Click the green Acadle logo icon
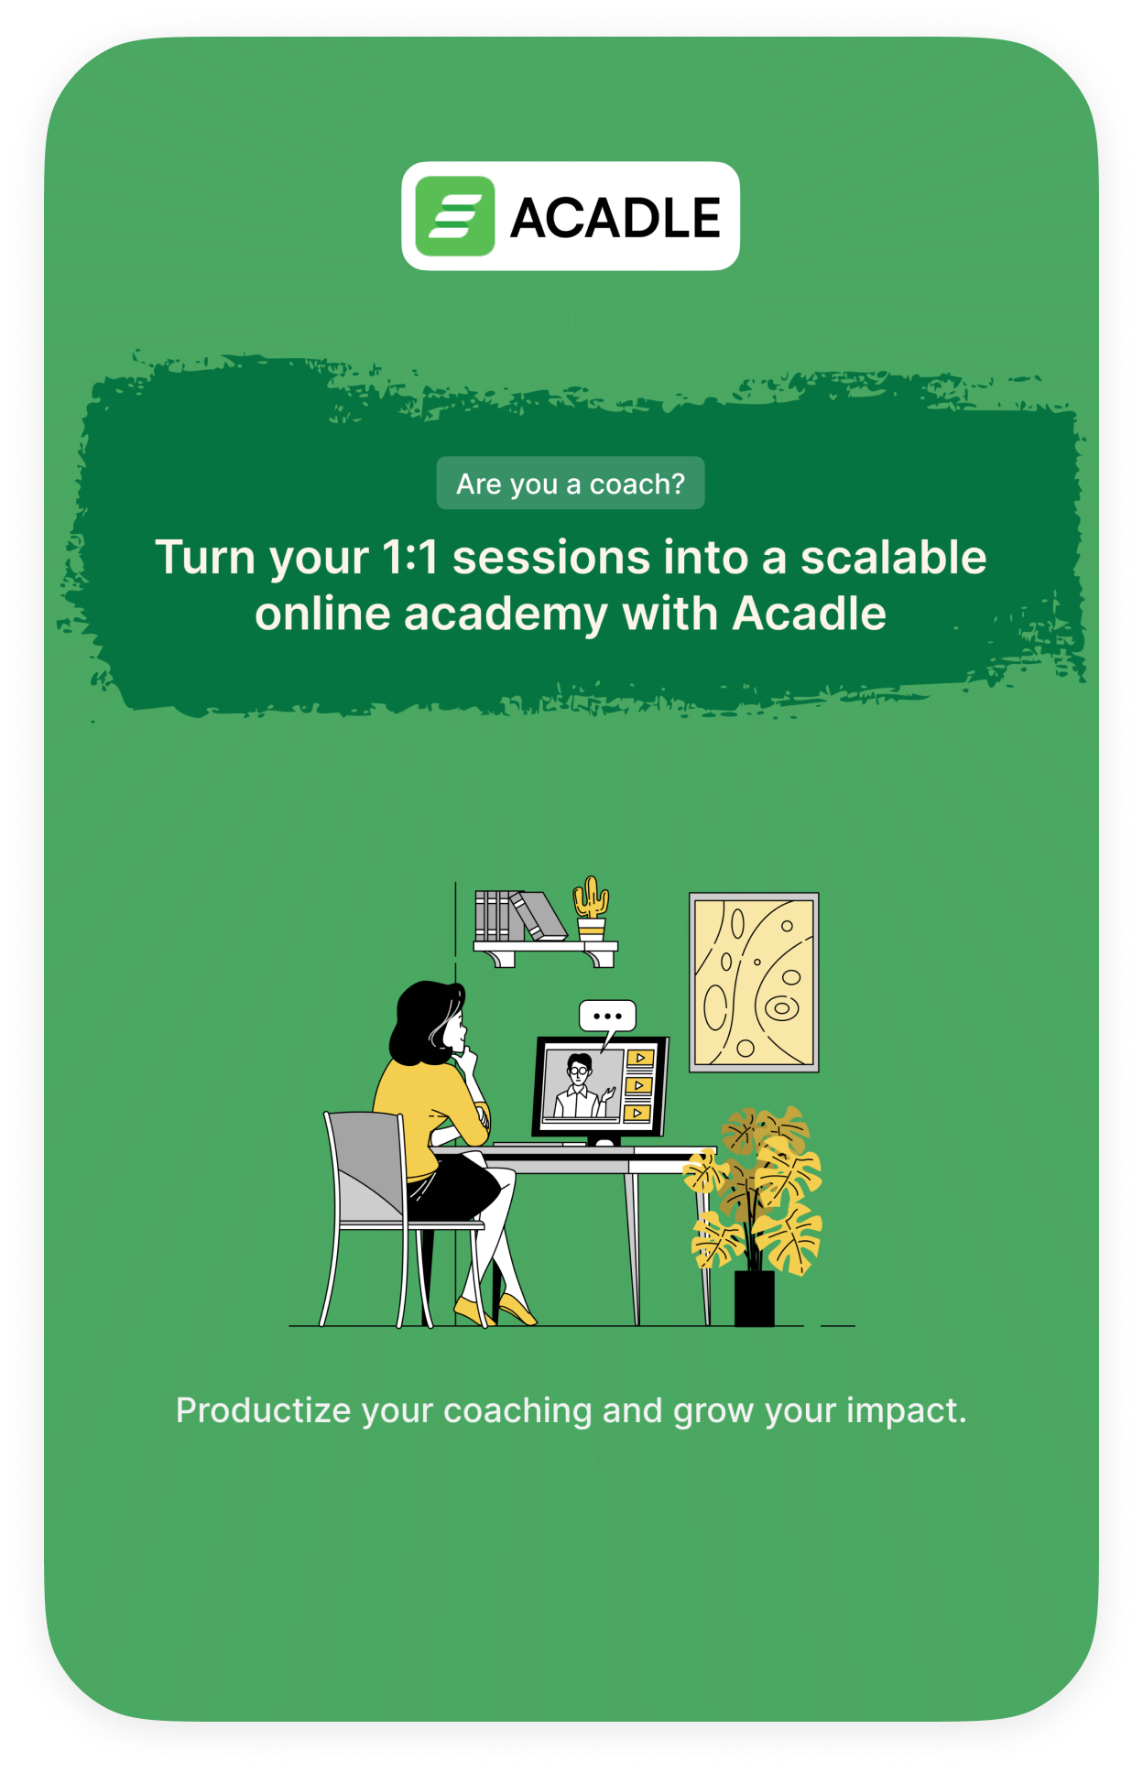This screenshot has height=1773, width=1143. pos(454,216)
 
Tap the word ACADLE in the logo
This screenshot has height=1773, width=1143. pos(615,218)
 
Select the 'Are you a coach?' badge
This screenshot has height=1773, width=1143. pos(571,483)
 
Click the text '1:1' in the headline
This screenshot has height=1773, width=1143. pos(409,557)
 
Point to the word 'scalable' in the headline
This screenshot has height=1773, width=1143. pos(893,557)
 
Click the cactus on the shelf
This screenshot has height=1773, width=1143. pos(591,908)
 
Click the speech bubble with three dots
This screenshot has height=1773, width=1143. pos(607,1017)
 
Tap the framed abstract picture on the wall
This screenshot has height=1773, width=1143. pos(754,982)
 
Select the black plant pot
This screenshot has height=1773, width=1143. pos(755,1297)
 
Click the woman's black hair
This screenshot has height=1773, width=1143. pos(423,1021)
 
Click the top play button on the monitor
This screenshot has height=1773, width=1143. pos(639,1058)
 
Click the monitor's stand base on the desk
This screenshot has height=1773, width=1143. pos(603,1141)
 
